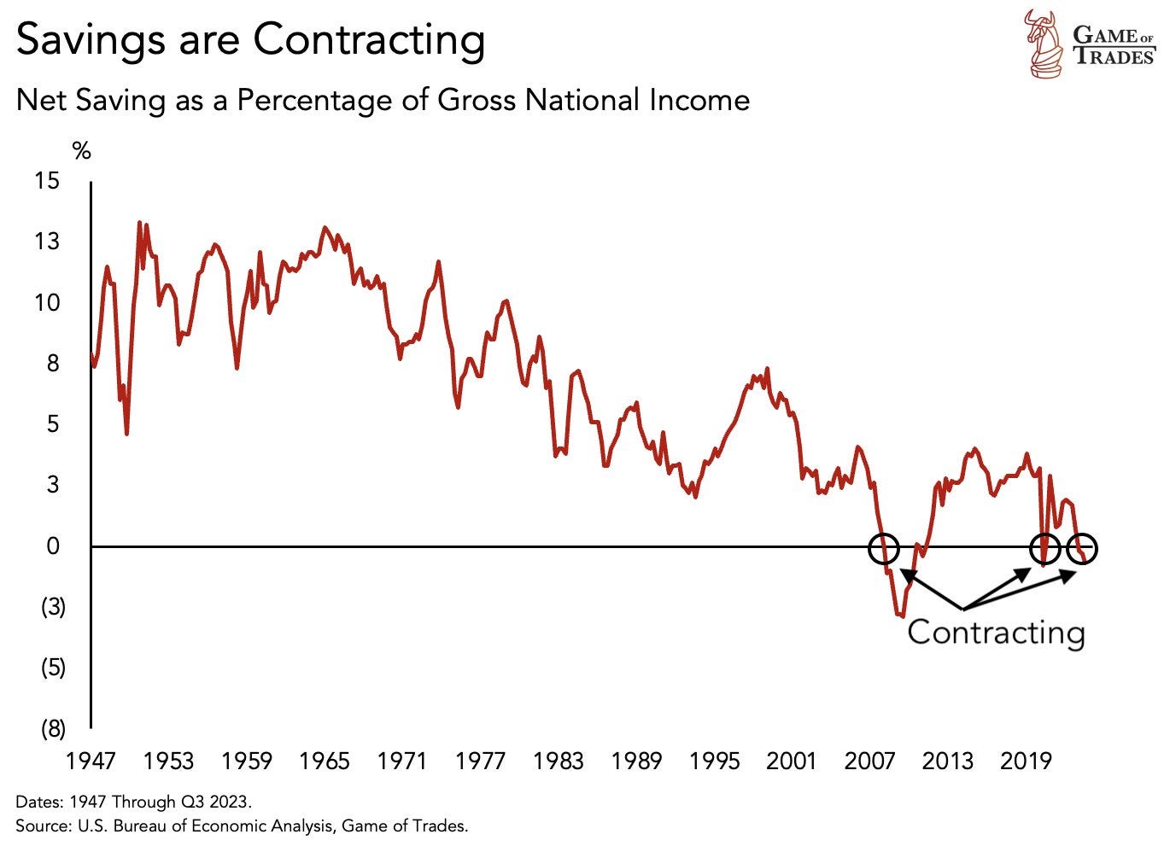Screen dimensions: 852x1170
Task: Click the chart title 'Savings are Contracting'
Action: pyautogui.click(x=250, y=39)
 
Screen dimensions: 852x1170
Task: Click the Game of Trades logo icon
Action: pyautogui.click(x=1044, y=43)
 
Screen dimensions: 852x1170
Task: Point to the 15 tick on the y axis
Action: pyautogui.click(x=47, y=181)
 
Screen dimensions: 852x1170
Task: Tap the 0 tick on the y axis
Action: pyautogui.click(x=53, y=546)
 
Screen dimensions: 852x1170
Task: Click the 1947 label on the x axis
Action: pyautogui.click(x=91, y=761)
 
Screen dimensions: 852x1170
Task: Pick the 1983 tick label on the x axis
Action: pyautogui.click(x=558, y=761)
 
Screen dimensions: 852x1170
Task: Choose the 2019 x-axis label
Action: pyautogui.click(x=1026, y=761)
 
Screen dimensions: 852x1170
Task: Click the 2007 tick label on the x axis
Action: pyautogui.click(x=870, y=761)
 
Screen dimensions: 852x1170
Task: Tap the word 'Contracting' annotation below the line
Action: pyautogui.click(x=996, y=633)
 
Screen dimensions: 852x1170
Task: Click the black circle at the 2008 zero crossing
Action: pyautogui.click(x=884, y=549)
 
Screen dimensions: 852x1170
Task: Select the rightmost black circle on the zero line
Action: pyautogui.click(x=1082, y=550)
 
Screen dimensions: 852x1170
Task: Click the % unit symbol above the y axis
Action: pyautogui.click(x=81, y=152)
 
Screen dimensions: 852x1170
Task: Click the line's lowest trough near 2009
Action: pyautogui.click(x=902, y=616)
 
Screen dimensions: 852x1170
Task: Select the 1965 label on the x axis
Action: pyautogui.click(x=325, y=761)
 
